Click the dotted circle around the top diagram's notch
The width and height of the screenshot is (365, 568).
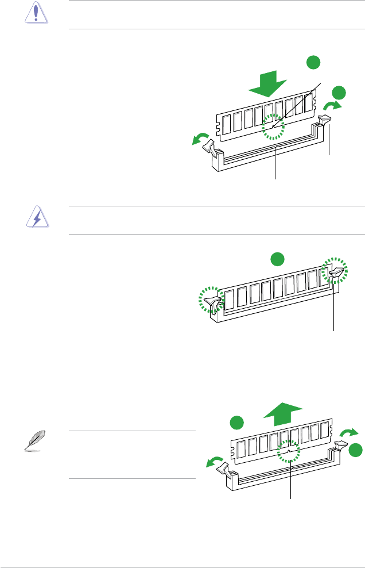pos(273,128)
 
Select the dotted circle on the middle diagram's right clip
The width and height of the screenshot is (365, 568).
pos(335,270)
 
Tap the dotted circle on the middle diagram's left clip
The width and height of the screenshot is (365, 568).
pos(211,299)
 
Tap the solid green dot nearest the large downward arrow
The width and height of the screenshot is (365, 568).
pos(312,63)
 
